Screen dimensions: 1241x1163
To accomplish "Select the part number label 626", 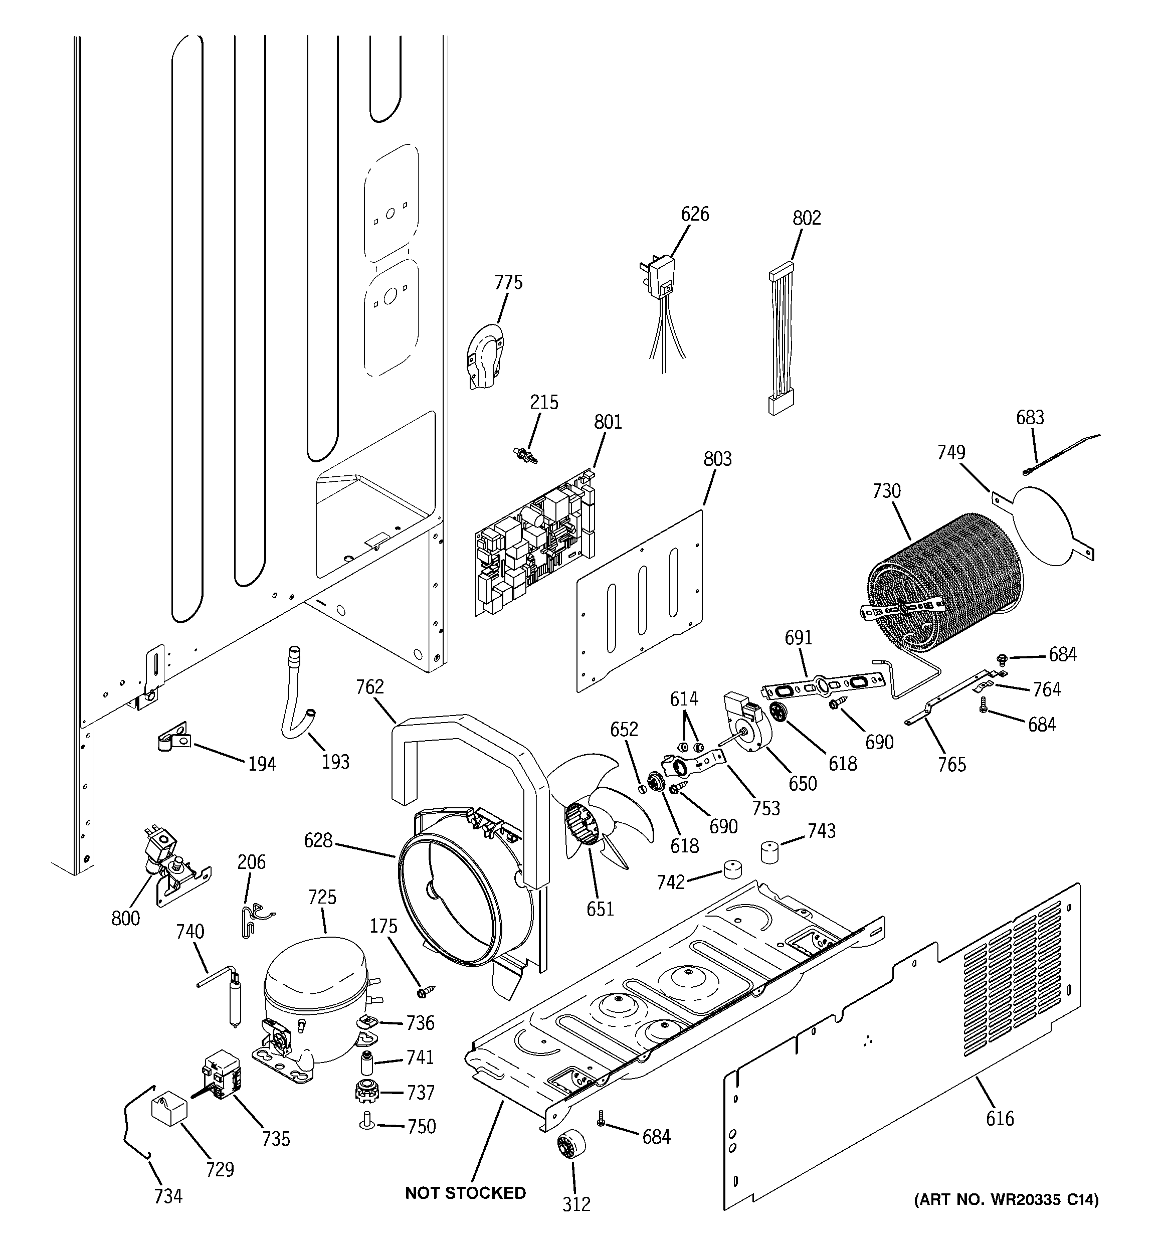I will coord(694,214).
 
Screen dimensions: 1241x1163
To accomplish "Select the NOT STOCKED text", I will coord(465,1193).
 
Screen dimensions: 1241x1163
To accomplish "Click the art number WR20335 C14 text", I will coord(1006,1199).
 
